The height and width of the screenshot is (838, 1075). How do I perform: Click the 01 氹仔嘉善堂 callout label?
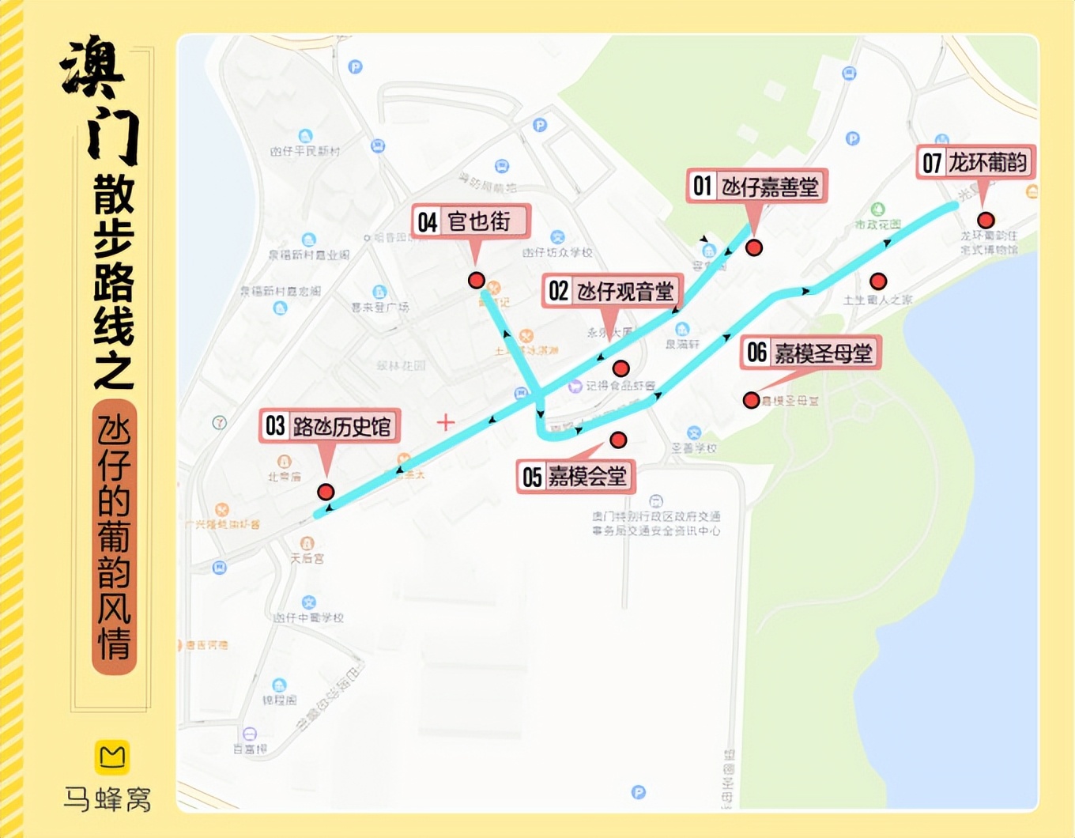(756, 187)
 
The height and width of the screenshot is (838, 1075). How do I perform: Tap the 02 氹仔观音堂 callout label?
(612, 291)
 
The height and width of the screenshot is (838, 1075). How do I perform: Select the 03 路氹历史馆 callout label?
(330, 426)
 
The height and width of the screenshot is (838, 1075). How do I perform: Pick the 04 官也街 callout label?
(470, 221)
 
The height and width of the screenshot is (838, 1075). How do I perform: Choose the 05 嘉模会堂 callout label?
(575, 477)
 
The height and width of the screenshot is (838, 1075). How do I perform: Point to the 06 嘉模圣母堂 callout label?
(810, 353)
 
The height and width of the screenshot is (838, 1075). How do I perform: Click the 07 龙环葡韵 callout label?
(975, 163)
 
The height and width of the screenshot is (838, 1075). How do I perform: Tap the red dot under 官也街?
(476, 281)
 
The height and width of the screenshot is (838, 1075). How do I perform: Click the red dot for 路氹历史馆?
(326, 492)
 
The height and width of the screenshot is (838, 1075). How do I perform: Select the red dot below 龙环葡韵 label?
(985, 220)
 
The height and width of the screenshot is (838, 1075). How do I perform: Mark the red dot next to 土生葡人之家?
(878, 281)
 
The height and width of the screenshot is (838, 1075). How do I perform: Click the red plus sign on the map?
(446, 422)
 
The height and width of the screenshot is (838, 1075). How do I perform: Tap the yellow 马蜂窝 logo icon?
(112, 757)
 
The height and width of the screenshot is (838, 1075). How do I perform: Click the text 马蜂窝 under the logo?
(107, 798)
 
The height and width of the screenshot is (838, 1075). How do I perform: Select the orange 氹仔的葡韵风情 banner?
(115, 538)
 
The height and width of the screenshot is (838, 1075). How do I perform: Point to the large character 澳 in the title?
(93, 67)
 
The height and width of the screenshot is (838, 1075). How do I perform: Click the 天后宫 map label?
(307, 558)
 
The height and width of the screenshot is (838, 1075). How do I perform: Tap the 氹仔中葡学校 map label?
(309, 617)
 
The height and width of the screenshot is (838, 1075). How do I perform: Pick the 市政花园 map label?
(877, 225)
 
